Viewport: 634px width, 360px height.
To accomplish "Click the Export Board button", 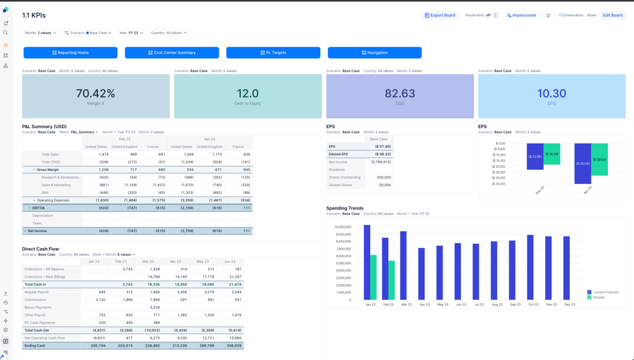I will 440,15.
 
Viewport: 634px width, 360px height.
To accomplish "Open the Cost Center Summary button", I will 172,53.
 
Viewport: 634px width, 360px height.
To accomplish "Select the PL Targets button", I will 273,53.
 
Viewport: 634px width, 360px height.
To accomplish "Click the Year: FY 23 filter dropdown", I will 131,33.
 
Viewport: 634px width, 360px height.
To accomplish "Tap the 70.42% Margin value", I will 96,93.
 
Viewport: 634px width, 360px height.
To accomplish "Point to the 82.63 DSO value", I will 400,93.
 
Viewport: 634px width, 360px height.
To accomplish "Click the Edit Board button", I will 612,15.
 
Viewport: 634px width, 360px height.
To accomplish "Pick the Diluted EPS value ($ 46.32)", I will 383,154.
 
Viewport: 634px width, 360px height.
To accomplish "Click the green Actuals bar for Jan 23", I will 374,278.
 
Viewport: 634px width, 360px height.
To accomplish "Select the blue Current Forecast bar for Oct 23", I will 530,267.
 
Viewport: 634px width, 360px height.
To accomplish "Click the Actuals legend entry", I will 598,297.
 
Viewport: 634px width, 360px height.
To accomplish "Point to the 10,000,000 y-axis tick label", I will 342,227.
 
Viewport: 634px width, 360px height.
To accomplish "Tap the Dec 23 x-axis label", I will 570,305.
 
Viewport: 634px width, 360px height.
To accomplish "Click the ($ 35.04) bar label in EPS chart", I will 583,164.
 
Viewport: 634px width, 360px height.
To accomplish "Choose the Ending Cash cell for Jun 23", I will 234,346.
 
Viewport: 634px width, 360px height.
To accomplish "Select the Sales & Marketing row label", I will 56,185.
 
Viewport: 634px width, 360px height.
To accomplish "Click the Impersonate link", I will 521,15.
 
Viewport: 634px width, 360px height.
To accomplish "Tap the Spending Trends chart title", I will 345,208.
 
